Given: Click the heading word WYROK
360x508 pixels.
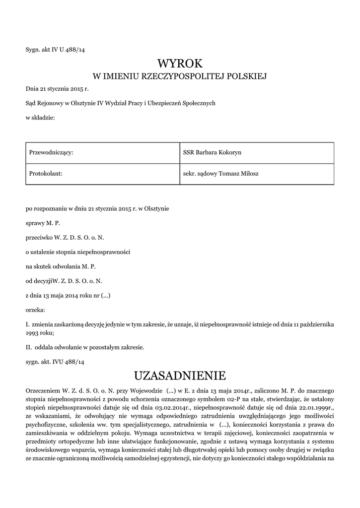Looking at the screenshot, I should pyautogui.click(x=180, y=63).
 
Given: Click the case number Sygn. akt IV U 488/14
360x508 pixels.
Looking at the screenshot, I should pyautogui.click(x=59, y=49).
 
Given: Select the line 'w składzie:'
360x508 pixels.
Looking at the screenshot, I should pyautogui.click(x=40, y=117).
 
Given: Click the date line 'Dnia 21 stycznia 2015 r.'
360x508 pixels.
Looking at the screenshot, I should pyautogui.click(x=57, y=89).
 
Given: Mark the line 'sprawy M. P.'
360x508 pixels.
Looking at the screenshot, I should pyautogui.click(x=43, y=223).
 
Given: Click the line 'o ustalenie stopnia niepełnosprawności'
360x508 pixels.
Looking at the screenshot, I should pyautogui.click(x=78, y=252).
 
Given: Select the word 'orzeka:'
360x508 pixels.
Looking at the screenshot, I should pyautogui.click(x=35, y=309).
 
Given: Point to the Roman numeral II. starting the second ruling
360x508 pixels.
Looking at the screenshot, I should pyautogui.click(x=29, y=347).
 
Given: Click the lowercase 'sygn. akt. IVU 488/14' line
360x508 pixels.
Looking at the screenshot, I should pyautogui.click(x=55, y=362).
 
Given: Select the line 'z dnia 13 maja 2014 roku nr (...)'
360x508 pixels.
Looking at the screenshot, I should pyautogui.click(x=68, y=295).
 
